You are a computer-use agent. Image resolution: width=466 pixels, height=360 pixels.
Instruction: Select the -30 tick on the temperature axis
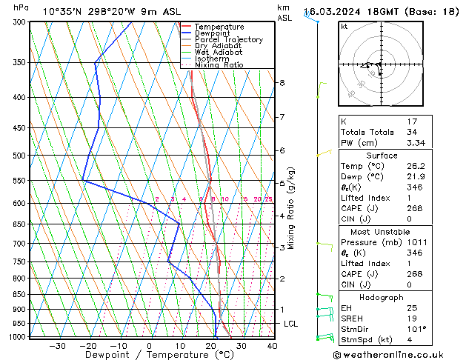(x=57, y=346)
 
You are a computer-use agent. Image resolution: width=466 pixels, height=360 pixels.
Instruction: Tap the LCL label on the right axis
(x=291, y=324)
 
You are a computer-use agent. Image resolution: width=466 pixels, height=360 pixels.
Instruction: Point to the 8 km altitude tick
(x=282, y=83)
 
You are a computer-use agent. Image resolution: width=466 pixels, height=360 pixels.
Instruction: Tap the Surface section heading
(x=381, y=156)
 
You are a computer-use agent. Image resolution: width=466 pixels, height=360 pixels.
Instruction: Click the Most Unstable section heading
(x=381, y=232)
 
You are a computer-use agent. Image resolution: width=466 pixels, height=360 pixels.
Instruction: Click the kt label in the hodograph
(x=344, y=26)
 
